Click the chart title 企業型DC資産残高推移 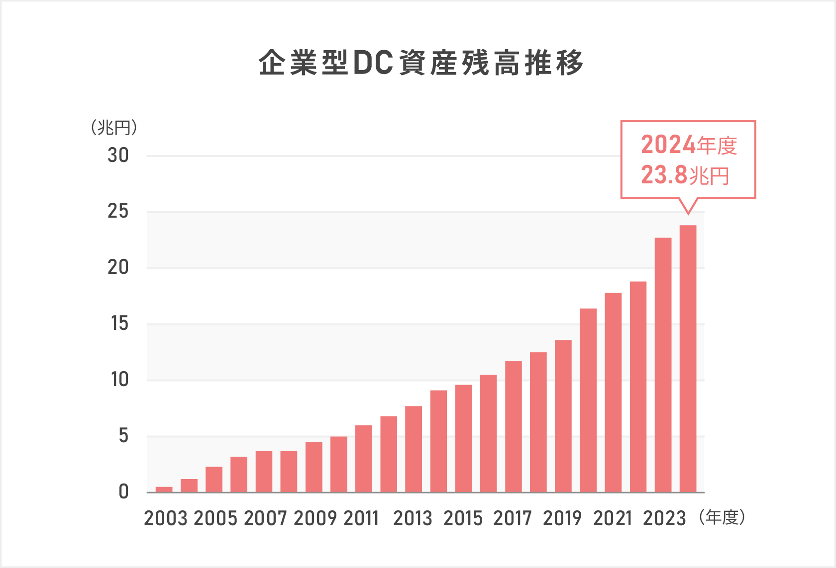pyautogui.click(x=421, y=63)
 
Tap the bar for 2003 pyautogui.click(x=164, y=489)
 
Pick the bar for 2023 pyautogui.click(x=663, y=365)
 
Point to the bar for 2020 pyautogui.click(x=588, y=401)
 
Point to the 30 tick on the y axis pyautogui.click(x=118, y=156)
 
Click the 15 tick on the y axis pyautogui.click(x=119, y=324)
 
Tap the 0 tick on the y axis pyautogui.click(x=123, y=492)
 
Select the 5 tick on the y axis pyautogui.click(x=123, y=436)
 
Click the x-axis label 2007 pyautogui.click(x=265, y=519)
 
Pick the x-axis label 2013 pyautogui.click(x=413, y=519)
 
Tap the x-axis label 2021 pyautogui.click(x=613, y=519)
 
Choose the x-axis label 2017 pyautogui.click(x=513, y=519)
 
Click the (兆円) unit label pyautogui.click(x=114, y=128)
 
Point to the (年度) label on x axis pyautogui.click(x=722, y=518)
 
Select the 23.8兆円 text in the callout pyautogui.click(x=685, y=175)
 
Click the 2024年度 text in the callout pyautogui.click(x=689, y=145)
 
